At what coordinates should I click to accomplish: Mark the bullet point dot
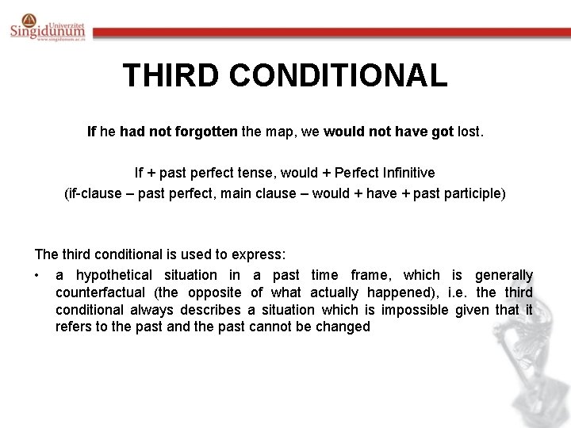coord(37,276)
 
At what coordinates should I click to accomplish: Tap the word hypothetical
coord(114,275)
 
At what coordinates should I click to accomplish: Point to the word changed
coord(343,327)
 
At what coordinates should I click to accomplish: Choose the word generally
coord(504,275)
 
